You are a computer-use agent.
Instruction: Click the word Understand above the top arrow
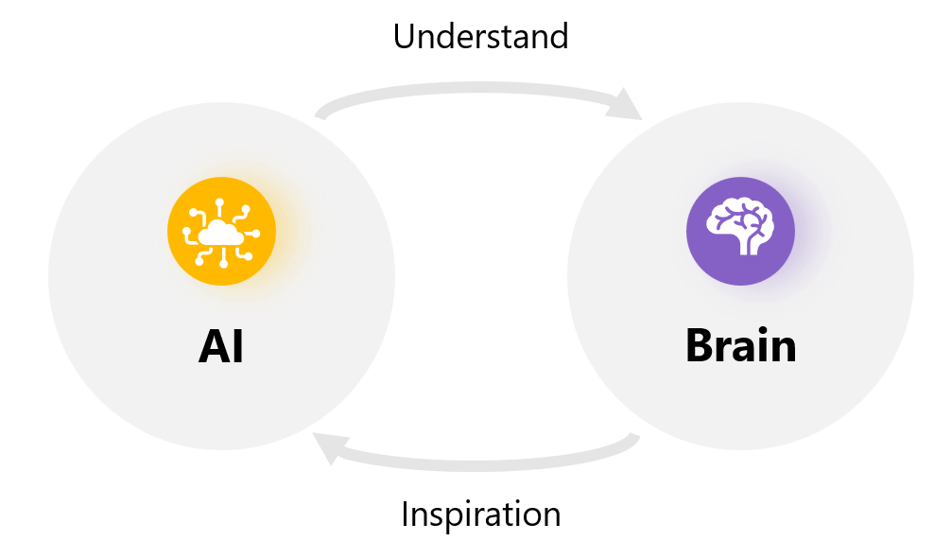click(x=480, y=36)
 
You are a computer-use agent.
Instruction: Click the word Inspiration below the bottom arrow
click(x=480, y=515)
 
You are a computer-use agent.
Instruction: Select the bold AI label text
click(x=221, y=347)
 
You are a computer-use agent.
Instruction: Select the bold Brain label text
click(x=740, y=346)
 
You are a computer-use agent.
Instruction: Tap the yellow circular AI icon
click(x=221, y=232)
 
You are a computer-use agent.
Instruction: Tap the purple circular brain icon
click(x=740, y=232)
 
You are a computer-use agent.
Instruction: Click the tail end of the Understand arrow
click(x=321, y=114)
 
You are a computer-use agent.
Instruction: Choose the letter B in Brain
click(x=701, y=346)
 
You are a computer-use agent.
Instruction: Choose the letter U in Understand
click(x=406, y=36)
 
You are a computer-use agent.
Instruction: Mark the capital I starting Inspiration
click(x=406, y=515)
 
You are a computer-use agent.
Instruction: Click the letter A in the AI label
click(x=213, y=347)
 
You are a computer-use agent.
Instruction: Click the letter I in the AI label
click(x=238, y=347)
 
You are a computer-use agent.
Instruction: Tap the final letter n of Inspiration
click(x=551, y=516)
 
